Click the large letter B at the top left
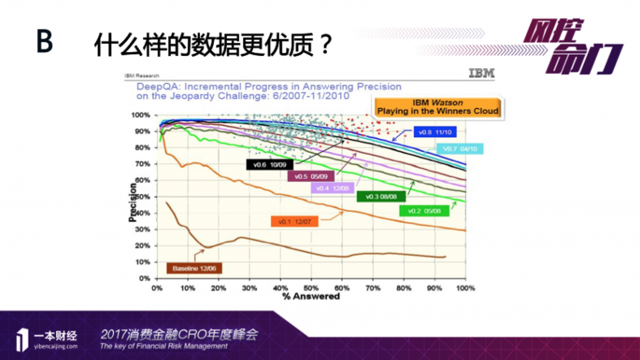pos(44,42)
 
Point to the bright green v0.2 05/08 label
pos(422,210)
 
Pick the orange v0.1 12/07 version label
pos(294,221)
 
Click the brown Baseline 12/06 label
pos(196,267)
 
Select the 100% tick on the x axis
pos(465,288)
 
